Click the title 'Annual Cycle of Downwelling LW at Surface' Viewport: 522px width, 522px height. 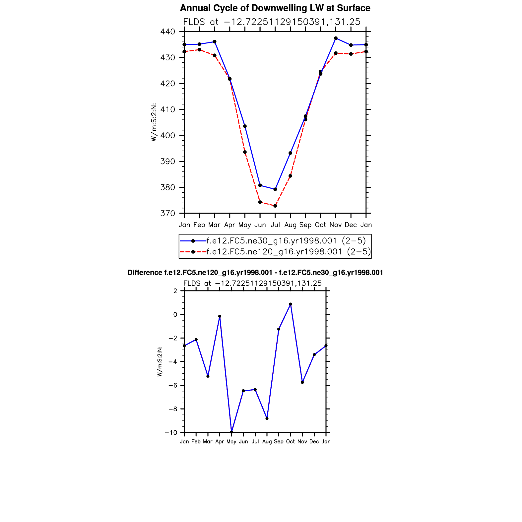click(x=275, y=8)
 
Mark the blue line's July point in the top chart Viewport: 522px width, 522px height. click(x=275, y=189)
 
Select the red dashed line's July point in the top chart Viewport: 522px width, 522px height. click(x=275, y=206)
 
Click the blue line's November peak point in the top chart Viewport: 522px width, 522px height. click(x=336, y=38)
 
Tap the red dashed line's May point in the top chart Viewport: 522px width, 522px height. click(x=245, y=152)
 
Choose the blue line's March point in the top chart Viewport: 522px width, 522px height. click(x=215, y=42)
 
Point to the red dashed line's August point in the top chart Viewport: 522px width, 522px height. click(x=290, y=176)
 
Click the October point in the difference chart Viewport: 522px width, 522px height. click(x=291, y=304)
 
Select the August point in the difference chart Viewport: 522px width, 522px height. click(x=267, y=419)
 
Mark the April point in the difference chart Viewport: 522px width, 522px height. click(x=220, y=316)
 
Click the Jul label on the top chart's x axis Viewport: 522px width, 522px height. click(x=275, y=225)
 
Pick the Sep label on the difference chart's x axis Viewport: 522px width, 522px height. click(x=279, y=442)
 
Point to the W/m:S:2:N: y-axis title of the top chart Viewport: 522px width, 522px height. click(x=154, y=122)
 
